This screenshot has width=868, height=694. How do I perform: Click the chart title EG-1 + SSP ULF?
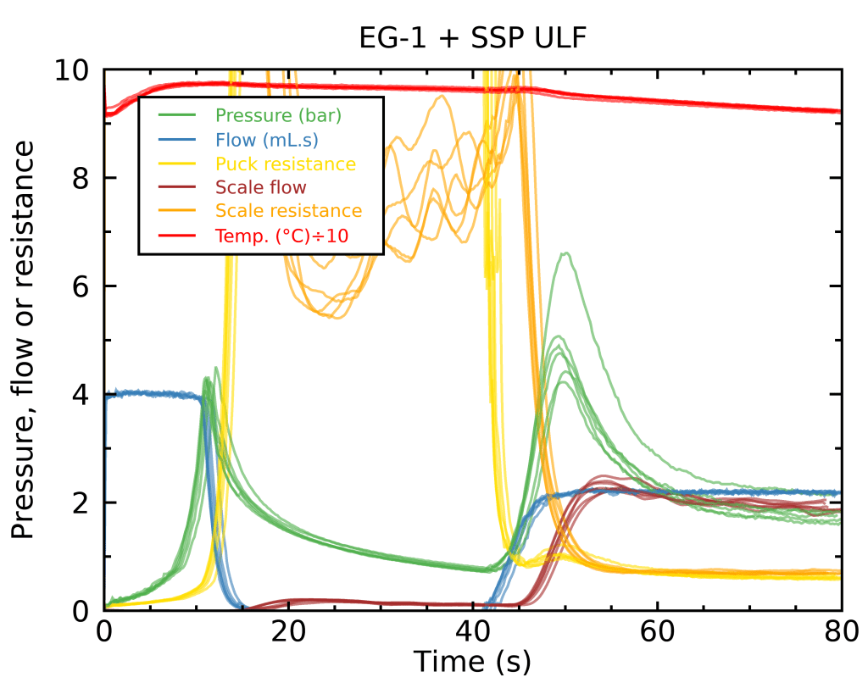tap(472, 38)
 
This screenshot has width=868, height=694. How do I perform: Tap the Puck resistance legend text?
tap(286, 163)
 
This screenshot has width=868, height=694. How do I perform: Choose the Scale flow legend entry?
tap(261, 186)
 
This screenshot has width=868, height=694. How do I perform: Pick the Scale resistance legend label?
tap(288, 210)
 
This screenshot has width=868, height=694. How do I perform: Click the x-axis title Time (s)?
tap(472, 661)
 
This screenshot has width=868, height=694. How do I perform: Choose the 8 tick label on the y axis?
tap(82, 178)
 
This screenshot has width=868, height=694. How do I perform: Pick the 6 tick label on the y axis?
tap(82, 286)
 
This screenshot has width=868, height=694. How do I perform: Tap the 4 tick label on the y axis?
tap(82, 395)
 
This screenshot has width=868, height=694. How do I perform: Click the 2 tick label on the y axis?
tap(82, 503)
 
